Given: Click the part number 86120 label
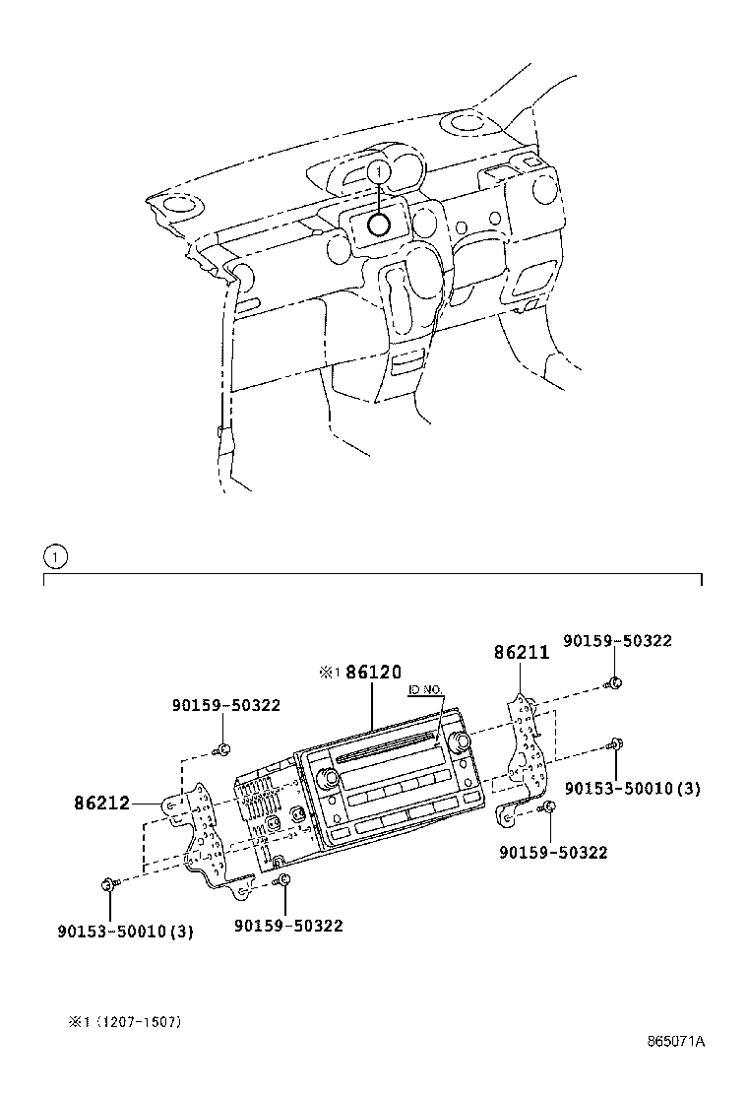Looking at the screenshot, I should [373, 673].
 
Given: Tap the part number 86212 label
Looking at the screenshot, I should [101, 803].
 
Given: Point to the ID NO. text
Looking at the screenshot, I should [426, 692].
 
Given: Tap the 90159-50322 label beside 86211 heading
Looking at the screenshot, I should [617, 640].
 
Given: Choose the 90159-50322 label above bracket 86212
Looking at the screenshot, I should [225, 705].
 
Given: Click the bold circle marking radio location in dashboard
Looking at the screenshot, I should [379, 225].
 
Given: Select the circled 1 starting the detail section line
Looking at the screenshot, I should [55, 556].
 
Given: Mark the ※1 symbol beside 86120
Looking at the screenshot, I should [329, 674].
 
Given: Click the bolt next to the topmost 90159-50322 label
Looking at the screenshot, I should [613, 682].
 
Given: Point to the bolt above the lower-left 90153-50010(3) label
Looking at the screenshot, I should [107, 884].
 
